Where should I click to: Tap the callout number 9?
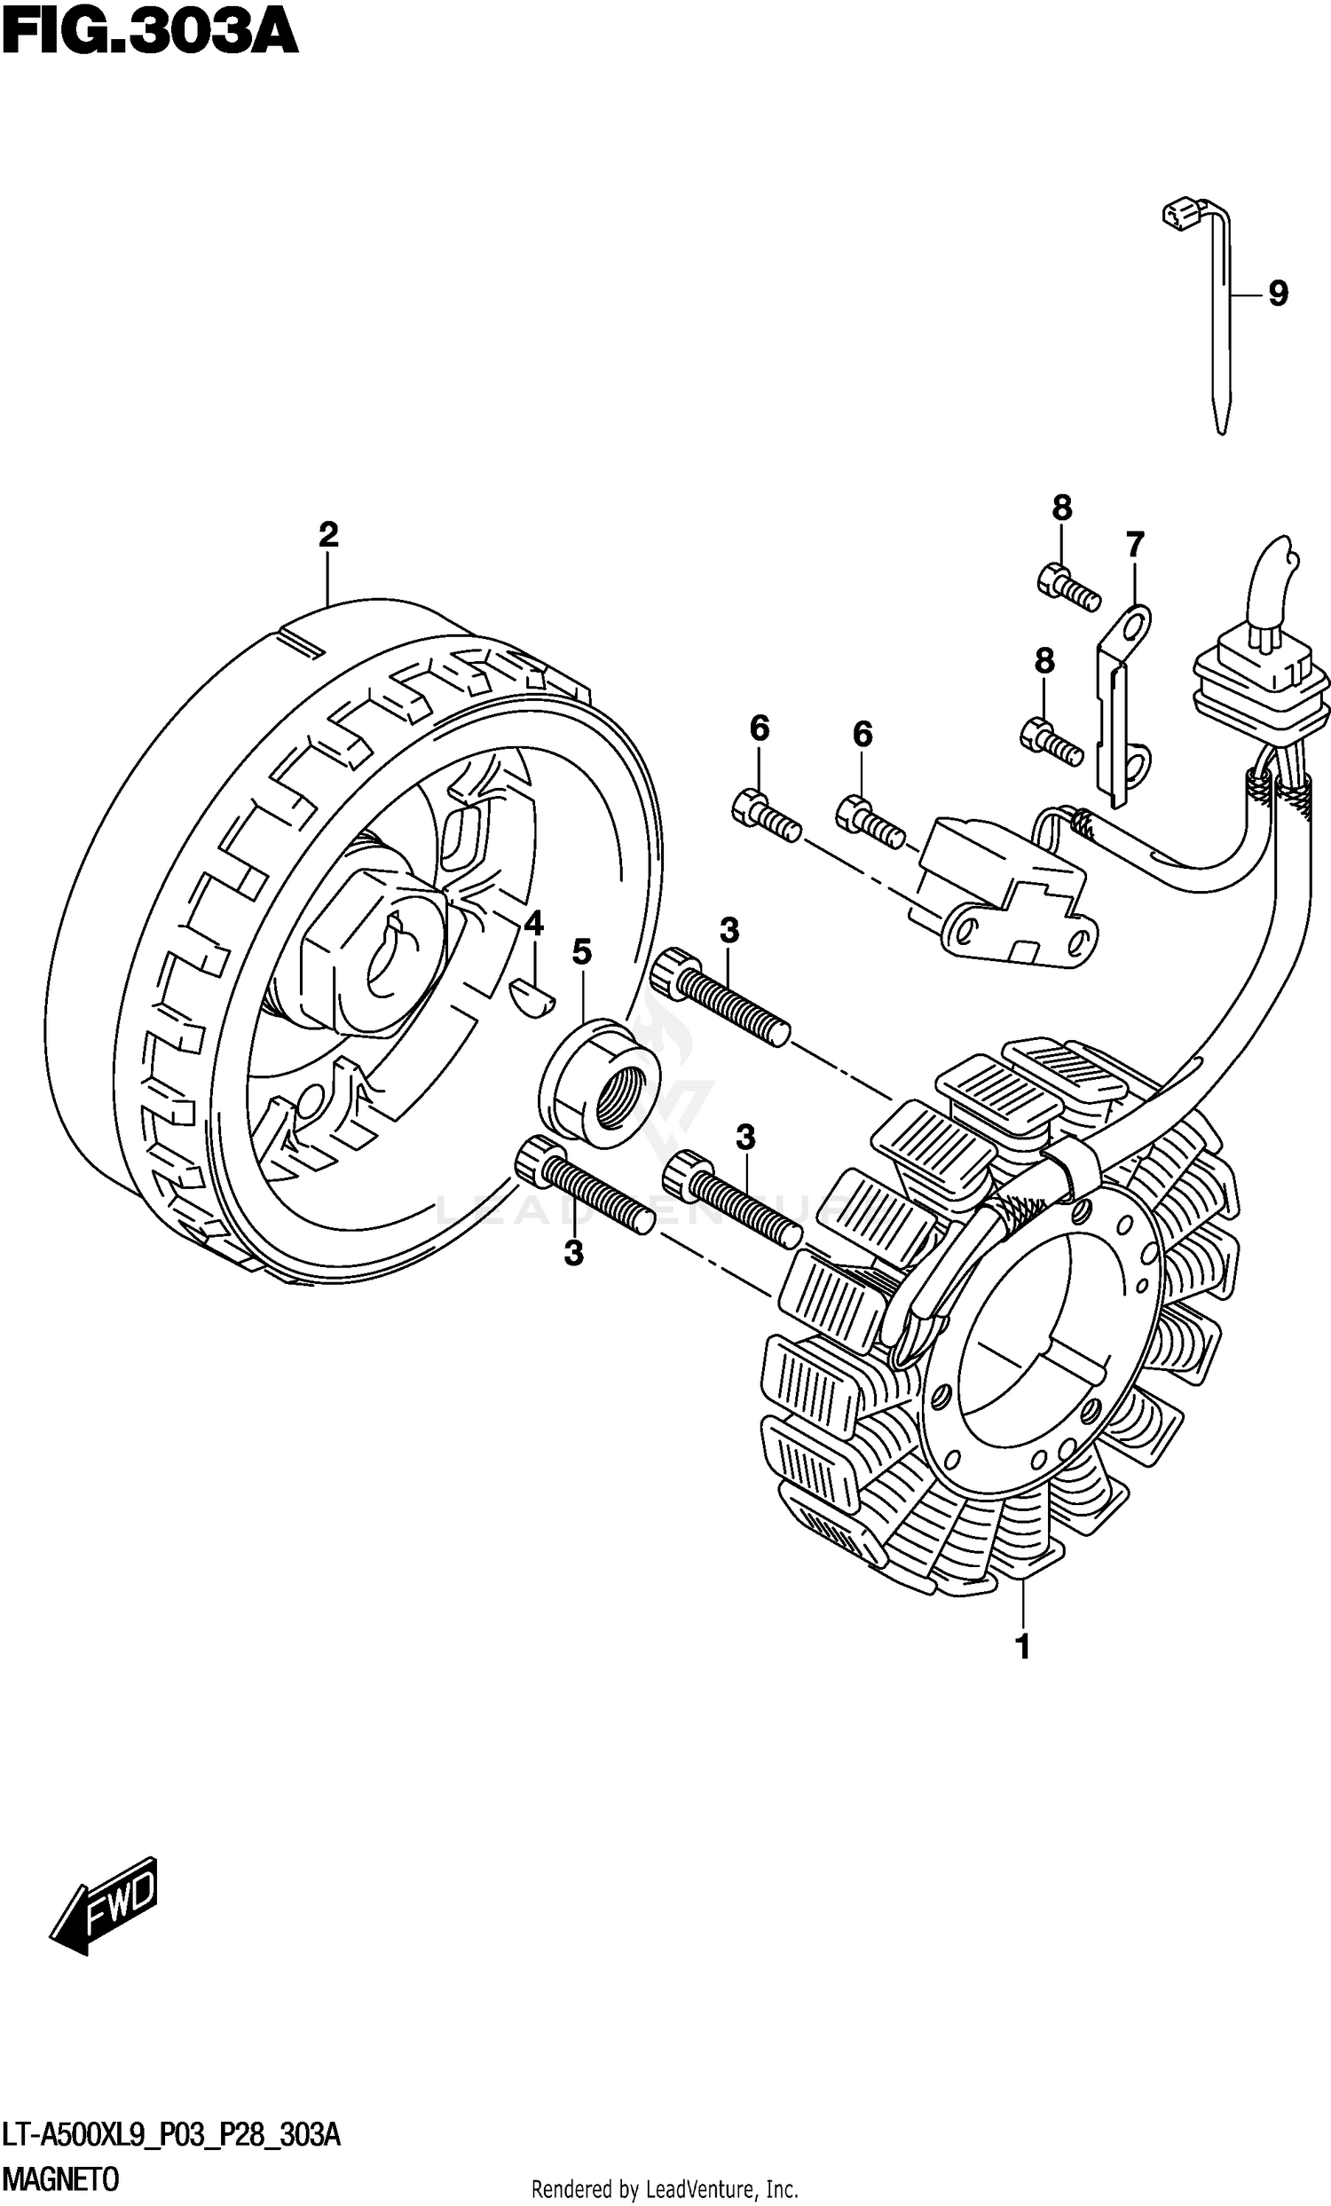coord(1277,294)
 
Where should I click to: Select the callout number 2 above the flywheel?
coord(328,535)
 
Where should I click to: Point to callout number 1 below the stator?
coord(1022,1645)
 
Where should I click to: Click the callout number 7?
coord(1134,544)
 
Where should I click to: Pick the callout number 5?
coord(582,951)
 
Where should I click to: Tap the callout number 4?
coord(533,923)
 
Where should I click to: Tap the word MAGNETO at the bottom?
coord(60,2179)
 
